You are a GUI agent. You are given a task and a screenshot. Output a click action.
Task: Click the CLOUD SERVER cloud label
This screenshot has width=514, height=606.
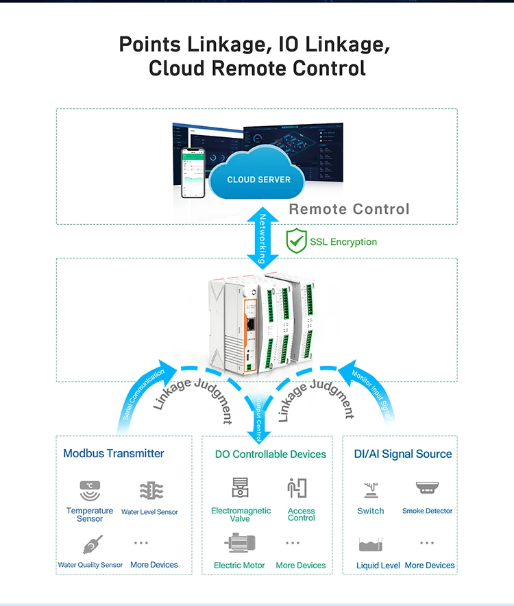coord(258,180)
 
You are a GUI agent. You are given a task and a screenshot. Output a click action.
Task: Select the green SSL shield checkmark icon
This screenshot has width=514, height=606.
coord(296,241)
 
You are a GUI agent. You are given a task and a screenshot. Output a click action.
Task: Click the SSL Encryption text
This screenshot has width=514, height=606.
coord(343,242)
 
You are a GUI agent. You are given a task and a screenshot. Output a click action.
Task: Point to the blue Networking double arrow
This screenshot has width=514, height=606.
coord(261,237)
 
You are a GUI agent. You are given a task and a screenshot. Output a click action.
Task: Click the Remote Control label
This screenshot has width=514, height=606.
coord(349,209)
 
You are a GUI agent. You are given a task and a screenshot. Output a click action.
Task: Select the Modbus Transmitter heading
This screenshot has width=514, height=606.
coord(114,453)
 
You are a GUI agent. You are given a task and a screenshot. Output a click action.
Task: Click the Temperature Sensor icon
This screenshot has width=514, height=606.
coord(90,490)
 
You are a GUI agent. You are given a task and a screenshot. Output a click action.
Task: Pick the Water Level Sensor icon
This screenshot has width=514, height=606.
coord(151,491)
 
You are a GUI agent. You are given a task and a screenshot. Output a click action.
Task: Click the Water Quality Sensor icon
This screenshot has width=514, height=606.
coord(92,544)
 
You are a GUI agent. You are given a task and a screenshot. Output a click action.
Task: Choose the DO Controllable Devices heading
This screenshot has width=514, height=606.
coord(270,454)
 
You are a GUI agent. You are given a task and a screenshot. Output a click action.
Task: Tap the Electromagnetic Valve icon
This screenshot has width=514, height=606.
coord(241,487)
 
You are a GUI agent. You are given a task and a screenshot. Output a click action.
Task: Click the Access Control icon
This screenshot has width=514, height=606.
coord(298,488)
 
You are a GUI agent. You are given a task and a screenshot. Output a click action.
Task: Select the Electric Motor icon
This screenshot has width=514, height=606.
coord(240,544)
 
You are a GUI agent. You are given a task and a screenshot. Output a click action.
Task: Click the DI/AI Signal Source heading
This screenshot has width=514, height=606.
coord(402,454)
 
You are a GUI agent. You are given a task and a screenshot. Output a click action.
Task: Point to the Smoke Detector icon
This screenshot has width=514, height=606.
coord(427,489)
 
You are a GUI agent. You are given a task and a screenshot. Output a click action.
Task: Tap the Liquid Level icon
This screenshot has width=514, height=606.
coord(371,545)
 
